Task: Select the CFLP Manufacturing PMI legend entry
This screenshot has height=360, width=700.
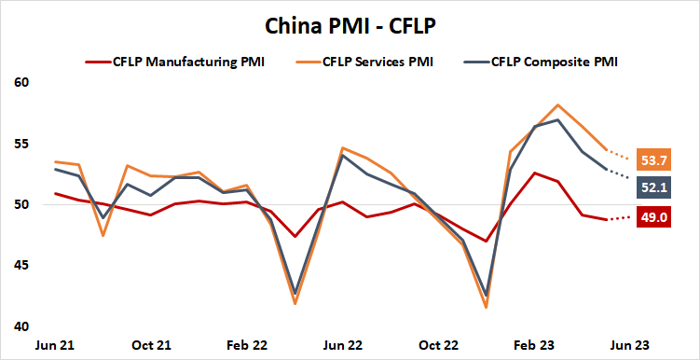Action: pyautogui.click(x=185, y=62)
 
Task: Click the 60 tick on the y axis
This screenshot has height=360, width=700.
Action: pyautogui.click(x=23, y=83)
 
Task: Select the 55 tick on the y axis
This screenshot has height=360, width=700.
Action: pyautogui.click(x=23, y=145)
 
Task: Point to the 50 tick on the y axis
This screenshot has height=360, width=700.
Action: pyautogui.click(x=23, y=205)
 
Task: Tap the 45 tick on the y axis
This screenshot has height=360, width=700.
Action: pyautogui.click(x=23, y=266)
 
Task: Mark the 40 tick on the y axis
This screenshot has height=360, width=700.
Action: pyautogui.click(x=23, y=326)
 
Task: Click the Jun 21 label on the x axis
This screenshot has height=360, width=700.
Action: pyautogui.click(x=55, y=345)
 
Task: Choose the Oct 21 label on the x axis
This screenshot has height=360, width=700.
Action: pyautogui.click(x=151, y=345)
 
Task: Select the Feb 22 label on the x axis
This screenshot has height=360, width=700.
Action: pyautogui.click(x=247, y=345)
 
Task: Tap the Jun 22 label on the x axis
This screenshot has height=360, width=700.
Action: pyautogui.click(x=343, y=345)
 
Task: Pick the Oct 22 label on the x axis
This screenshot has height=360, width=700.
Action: pyautogui.click(x=439, y=345)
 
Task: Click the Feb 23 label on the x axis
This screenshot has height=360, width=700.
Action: pyautogui.click(x=535, y=345)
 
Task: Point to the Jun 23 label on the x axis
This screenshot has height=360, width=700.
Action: pyautogui.click(x=631, y=345)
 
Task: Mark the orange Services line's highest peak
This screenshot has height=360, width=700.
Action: pyautogui.click(x=557, y=104)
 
